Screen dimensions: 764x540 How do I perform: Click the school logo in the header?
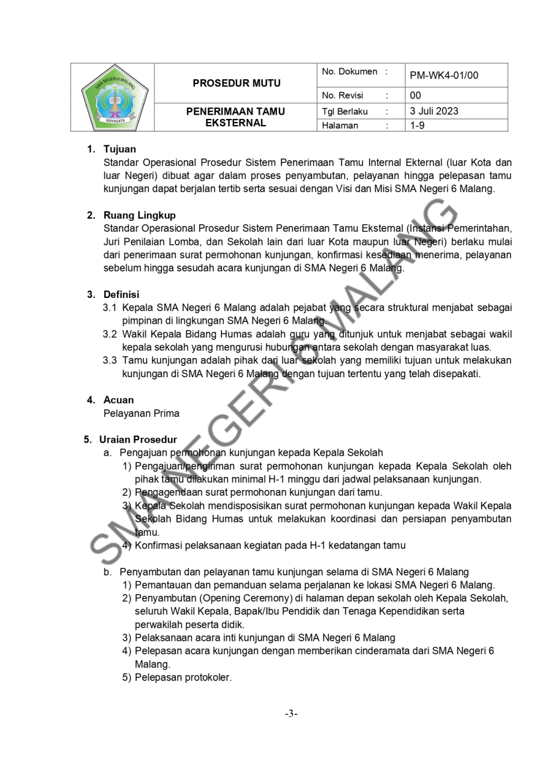click(x=113, y=97)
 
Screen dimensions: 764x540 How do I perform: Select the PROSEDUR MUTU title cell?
click(x=236, y=83)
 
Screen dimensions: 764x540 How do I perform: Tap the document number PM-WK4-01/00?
click(x=444, y=76)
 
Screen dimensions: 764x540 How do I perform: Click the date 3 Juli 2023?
click(x=434, y=111)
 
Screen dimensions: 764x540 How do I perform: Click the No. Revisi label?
click(x=343, y=95)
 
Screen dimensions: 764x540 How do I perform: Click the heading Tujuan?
click(x=119, y=149)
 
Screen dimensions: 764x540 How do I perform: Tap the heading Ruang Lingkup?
click(x=139, y=215)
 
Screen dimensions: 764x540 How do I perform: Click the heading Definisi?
click(x=121, y=294)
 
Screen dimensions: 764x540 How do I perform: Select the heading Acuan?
click(x=118, y=400)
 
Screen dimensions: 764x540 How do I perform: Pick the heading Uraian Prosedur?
click(x=138, y=440)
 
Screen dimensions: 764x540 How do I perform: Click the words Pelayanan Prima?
click(x=141, y=413)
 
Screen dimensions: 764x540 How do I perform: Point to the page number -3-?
click(x=292, y=714)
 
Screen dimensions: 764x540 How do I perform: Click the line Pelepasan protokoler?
click(x=183, y=678)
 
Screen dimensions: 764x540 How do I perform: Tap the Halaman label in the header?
click(x=340, y=126)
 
